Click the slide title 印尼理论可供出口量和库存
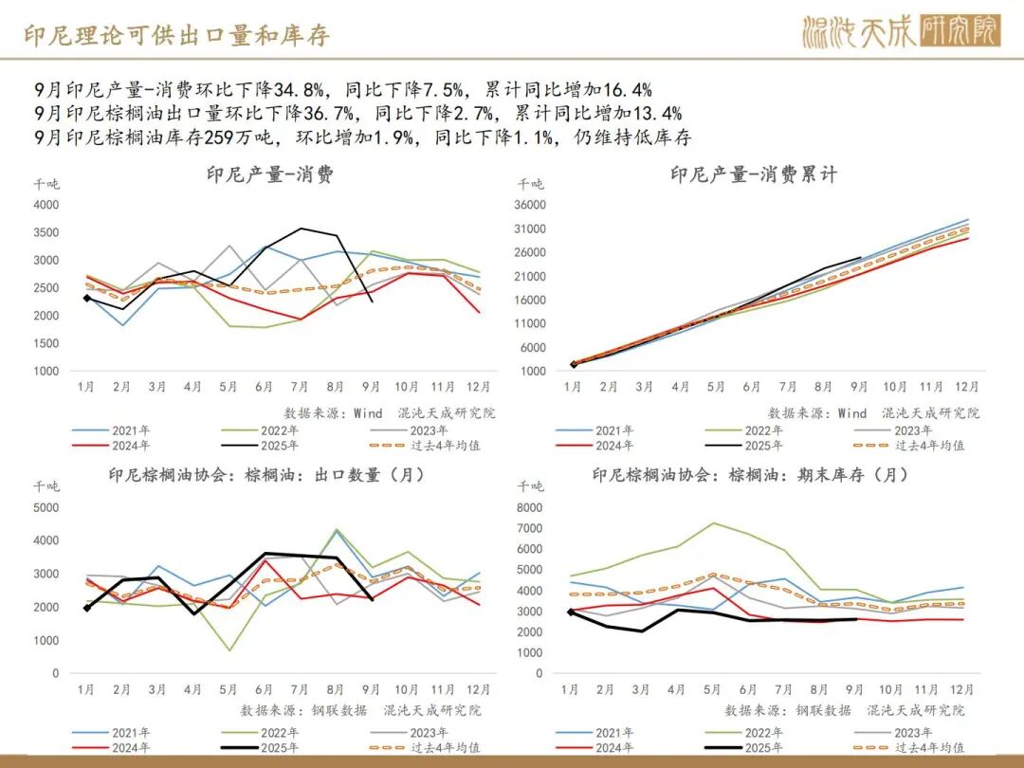(x=175, y=36)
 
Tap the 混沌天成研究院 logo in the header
(x=901, y=32)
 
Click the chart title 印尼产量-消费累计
(x=754, y=174)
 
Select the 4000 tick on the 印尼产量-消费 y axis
(x=46, y=205)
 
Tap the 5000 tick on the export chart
(x=46, y=507)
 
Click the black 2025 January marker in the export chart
(x=87, y=608)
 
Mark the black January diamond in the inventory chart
(x=571, y=613)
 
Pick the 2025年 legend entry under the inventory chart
(x=764, y=749)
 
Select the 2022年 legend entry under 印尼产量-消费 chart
(x=281, y=430)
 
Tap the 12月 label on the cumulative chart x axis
(x=966, y=387)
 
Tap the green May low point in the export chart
(x=229, y=650)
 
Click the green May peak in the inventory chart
(x=714, y=522)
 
